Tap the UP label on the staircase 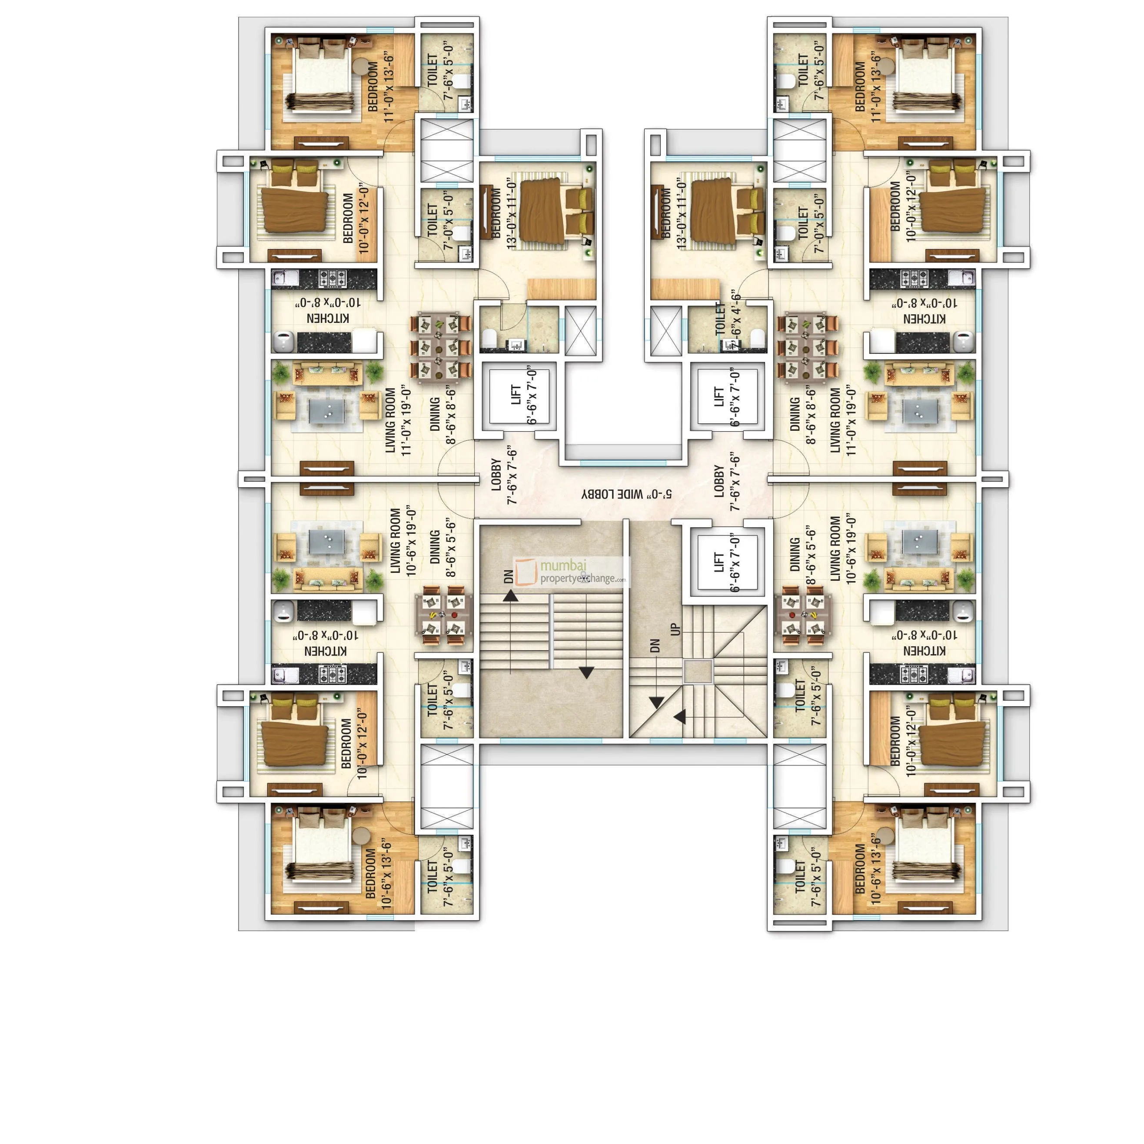click(675, 629)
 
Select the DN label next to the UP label click(654, 645)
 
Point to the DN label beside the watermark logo click(509, 577)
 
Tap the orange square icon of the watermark click(525, 572)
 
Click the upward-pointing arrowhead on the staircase click(510, 595)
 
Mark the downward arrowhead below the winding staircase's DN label click(656, 703)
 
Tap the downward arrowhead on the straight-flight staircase click(586, 673)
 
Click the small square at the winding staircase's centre click(698, 672)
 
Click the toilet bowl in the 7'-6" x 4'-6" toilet click(757, 338)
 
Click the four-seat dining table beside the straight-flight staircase click(443, 615)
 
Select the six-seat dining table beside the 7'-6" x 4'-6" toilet click(808, 346)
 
